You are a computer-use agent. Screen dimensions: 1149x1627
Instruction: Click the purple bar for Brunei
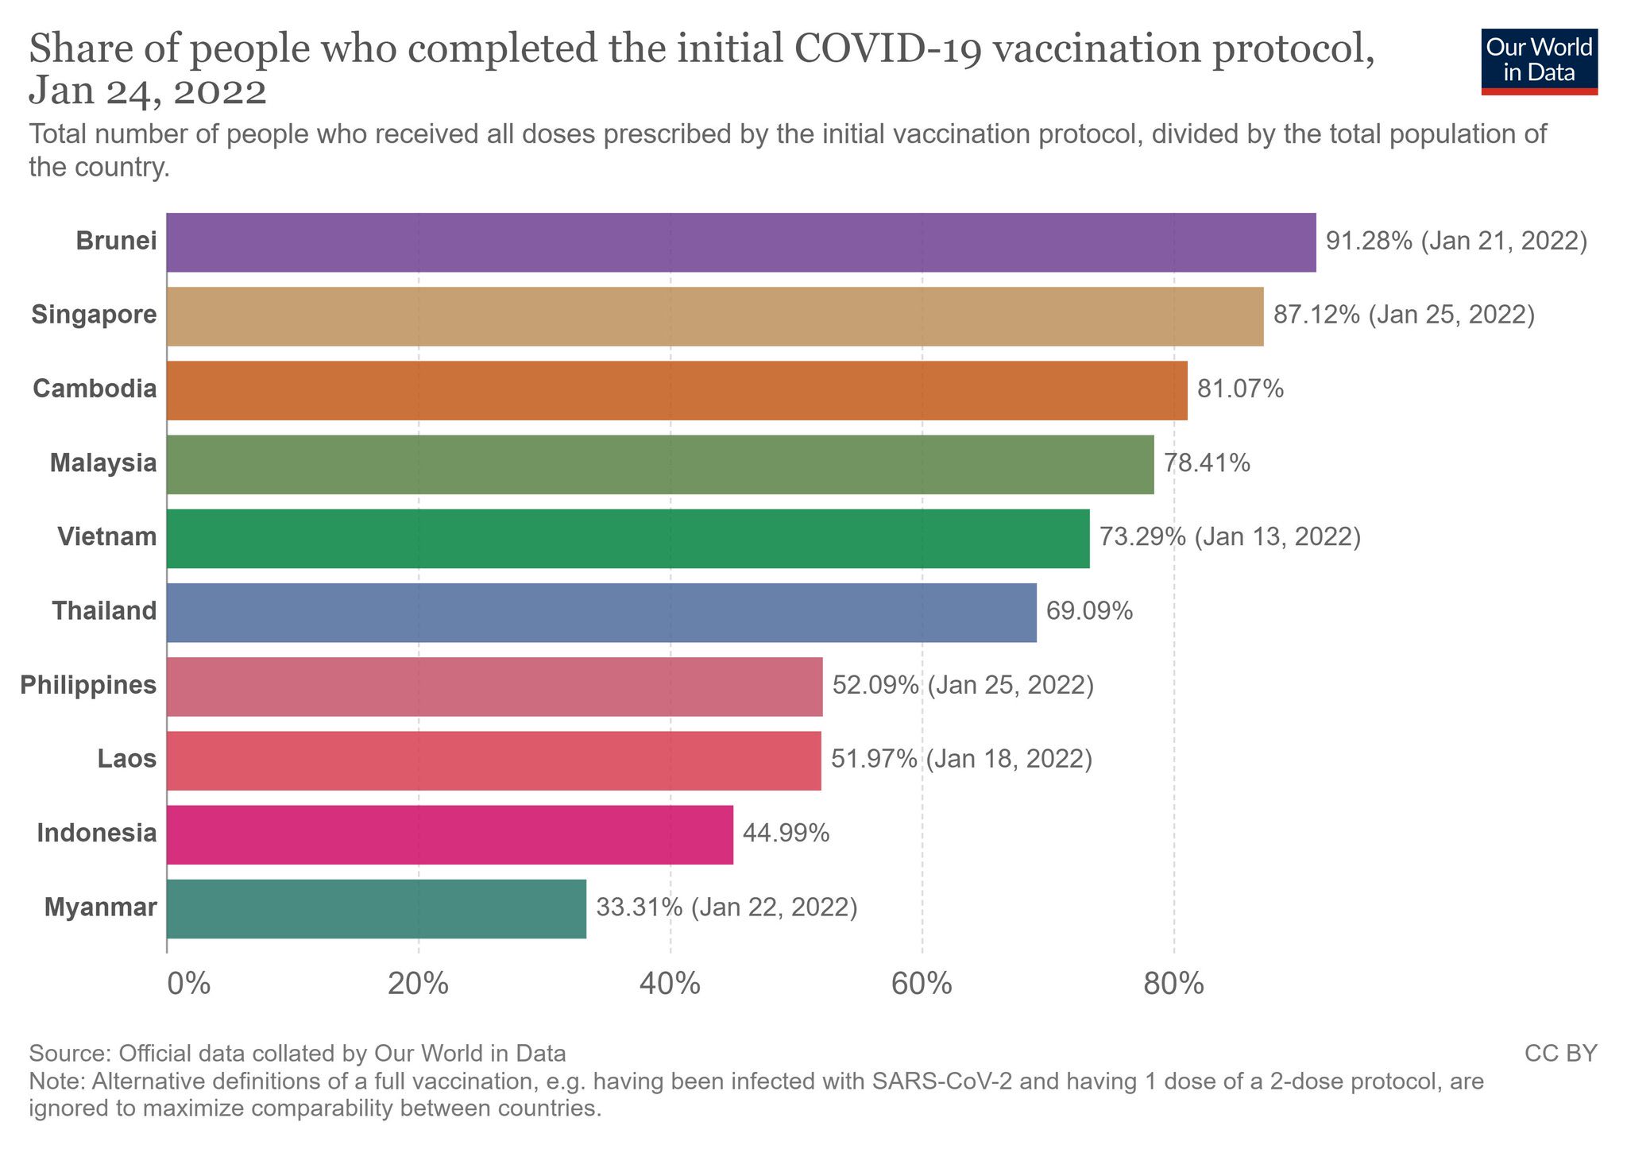point(740,242)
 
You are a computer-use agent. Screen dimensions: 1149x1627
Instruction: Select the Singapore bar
point(715,316)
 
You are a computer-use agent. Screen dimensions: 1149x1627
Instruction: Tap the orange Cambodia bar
point(677,390)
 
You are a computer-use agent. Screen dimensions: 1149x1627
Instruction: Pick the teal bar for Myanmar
point(377,908)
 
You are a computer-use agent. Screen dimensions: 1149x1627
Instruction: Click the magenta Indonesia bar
point(450,834)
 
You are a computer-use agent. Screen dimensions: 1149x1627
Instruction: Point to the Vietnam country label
point(106,537)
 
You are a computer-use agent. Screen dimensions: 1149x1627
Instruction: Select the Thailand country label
point(104,611)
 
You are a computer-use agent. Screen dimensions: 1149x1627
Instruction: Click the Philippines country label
point(88,685)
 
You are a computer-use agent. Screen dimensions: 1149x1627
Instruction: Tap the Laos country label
point(127,759)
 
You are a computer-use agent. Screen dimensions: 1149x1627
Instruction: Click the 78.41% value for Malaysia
point(1207,462)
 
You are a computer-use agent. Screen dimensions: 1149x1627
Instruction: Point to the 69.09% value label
point(1089,611)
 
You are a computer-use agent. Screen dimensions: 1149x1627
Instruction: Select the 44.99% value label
point(786,834)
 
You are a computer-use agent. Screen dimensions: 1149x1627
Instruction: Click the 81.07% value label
point(1240,389)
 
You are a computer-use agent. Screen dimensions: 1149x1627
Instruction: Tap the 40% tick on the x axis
point(671,985)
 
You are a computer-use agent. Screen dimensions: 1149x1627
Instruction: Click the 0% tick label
point(188,985)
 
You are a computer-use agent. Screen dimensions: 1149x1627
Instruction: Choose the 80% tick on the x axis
point(1173,985)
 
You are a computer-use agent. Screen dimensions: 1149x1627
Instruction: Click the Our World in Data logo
point(1539,61)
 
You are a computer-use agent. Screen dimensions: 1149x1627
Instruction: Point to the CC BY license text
point(1560,1054)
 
